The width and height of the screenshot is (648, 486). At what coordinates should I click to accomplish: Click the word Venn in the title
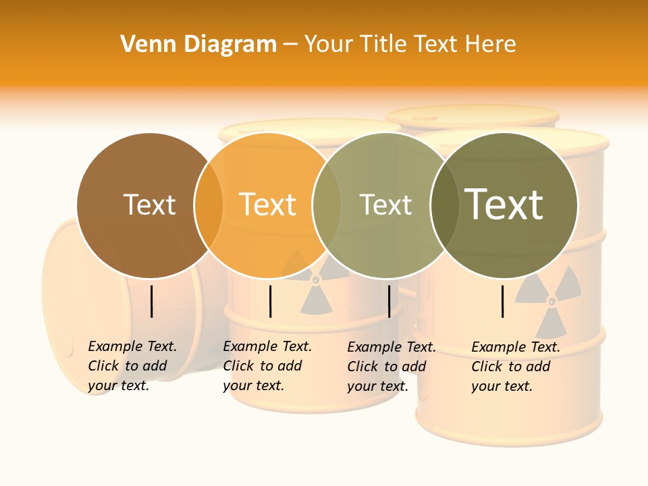click(x=147, y=45)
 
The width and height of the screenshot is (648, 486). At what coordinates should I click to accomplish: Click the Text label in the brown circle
click(x=149, y=205)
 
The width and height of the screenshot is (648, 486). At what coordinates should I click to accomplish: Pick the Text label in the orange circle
click(x=267, y=205)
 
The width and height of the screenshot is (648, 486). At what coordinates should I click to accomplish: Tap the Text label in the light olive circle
click(x=385, y=205)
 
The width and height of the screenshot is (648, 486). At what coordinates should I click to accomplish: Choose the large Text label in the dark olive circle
click(x=504, y=204)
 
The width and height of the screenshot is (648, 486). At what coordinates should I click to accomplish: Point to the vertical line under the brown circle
click(x=152, y=301)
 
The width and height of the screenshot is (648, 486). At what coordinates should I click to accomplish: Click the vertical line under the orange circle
click(x=270, y=301)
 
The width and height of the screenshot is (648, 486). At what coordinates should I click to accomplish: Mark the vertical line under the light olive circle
click(x=389, y=301)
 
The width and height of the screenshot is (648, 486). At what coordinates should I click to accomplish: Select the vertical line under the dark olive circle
click(x=503, y=301)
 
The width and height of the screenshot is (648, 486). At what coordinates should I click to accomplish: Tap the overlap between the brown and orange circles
click(x=209, y=205)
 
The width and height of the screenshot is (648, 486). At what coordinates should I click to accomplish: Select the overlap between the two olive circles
click(x=445, y=205)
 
